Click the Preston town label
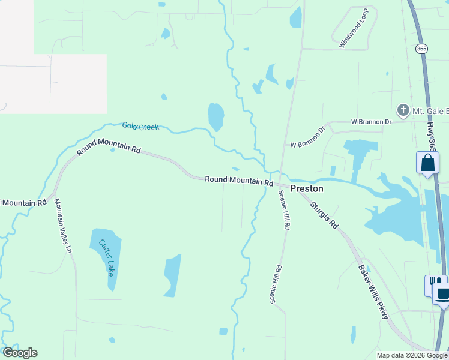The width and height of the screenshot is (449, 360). pyautogui.click(x=307, y=188)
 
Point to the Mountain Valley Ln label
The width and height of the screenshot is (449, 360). pyautogui.click(x=63, y=226)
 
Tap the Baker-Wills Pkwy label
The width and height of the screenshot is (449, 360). pyautogui.click(x=373, y=292)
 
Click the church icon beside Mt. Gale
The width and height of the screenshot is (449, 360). pyautogui.click(x=403, y=110)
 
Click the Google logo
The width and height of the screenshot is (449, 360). pyautogui.click(x=20, y=353)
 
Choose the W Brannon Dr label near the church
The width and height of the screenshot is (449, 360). pyautogui.click(x=371, y=121)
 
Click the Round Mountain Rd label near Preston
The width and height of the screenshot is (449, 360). pyautogui.click(x=239, y=180)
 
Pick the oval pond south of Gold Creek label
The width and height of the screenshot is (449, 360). pyautogui.click(x=215, y=116)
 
